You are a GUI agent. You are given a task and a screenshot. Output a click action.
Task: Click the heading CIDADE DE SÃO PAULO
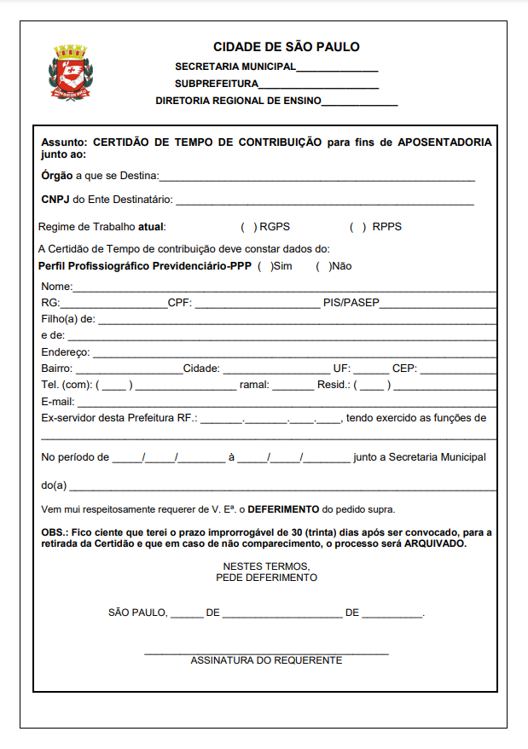coord(287,47)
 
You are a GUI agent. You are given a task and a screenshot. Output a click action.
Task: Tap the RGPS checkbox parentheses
coord(249,227)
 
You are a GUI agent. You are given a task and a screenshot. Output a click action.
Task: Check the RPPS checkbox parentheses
coord(358,227)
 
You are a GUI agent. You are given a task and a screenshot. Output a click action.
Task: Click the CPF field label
coord(179,302)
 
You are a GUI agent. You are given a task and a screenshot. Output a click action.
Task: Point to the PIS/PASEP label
coord(351,302)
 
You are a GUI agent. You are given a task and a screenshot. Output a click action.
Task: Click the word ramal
coord(254,385)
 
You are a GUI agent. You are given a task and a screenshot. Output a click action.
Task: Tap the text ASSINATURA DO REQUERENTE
coord(266,660)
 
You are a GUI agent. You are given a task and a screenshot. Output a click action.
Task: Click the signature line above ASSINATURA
coord(266,653)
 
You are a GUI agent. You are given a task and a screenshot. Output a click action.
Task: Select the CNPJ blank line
coord(324,204)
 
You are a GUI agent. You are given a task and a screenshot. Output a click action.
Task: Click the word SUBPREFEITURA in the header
coord(216,84)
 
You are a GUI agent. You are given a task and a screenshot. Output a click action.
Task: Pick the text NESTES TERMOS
coord(266,566)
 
